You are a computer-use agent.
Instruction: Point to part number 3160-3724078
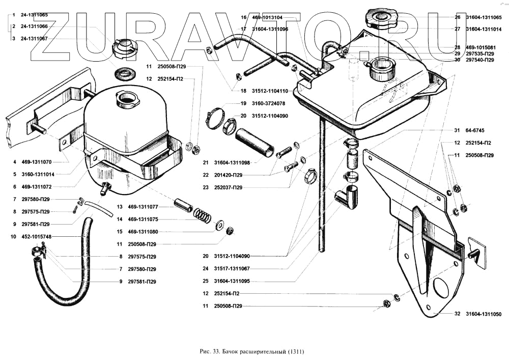click(x=270, y=103)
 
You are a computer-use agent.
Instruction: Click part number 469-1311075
click(x=144, y=219)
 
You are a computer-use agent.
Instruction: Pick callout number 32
click(x=457, y=314)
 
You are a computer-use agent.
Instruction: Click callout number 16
click(x=244, y=17)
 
